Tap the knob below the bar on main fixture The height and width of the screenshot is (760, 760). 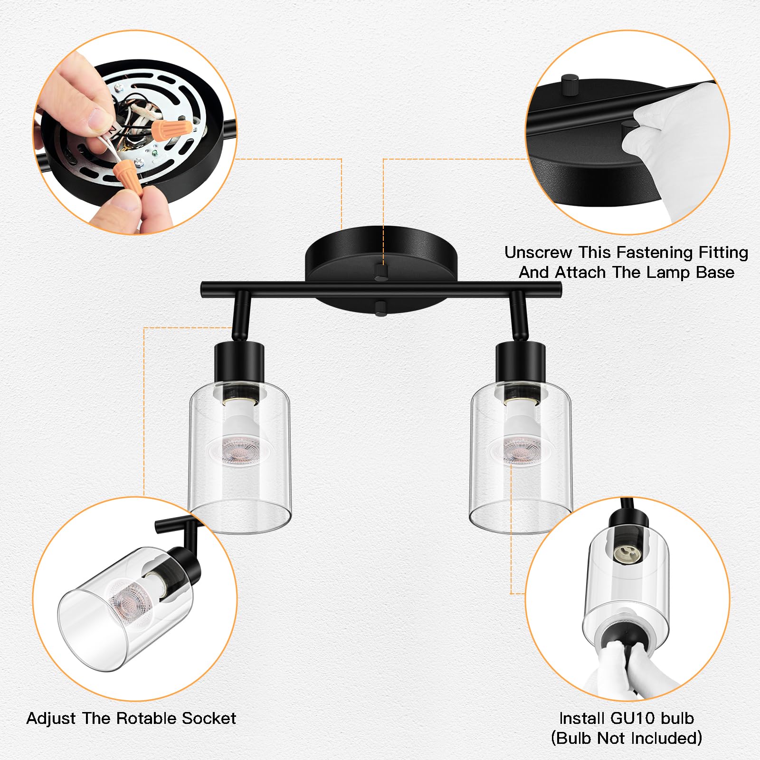click(381, 308)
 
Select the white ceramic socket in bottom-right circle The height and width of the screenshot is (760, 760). click(626, 554)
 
